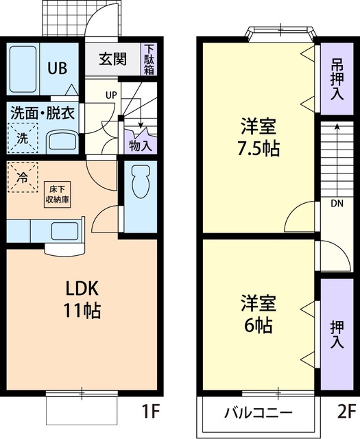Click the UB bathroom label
(x=58, y=69)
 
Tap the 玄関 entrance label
(x=112, y=59)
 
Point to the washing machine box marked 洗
(x=23, y=137)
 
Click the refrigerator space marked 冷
(x=23, y=178)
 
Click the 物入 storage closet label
(x=141, y=145)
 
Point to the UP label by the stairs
(x=109, y=95)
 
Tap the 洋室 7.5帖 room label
(x=259, y=137)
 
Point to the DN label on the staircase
(x=337, y=203)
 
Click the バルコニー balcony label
(x=259, y=413)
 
